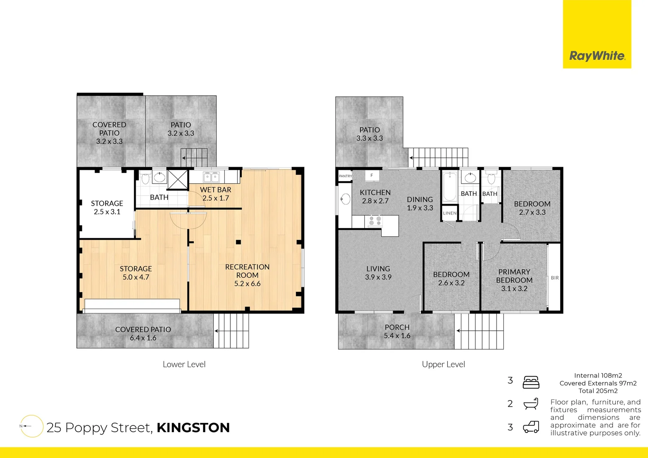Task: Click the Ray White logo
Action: (597, 56)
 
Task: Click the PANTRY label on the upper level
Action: (345, 176)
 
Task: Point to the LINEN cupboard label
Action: (450, 213)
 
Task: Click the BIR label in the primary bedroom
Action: (555, 278)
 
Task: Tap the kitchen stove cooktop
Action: (374, 221)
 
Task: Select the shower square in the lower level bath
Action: (177, 179)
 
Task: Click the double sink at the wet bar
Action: (211, 176)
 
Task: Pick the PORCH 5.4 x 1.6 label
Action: (397, 331)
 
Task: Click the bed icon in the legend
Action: (531, 382)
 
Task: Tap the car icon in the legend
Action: (531, 427)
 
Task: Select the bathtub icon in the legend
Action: (531, 404)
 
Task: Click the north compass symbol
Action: (31, 426)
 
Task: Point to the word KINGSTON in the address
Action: (193, 427)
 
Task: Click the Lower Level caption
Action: (184, 364)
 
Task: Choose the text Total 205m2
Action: (598, 391)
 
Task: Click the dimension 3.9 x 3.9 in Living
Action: (378, 277)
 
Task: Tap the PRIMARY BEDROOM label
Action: (514, 276)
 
